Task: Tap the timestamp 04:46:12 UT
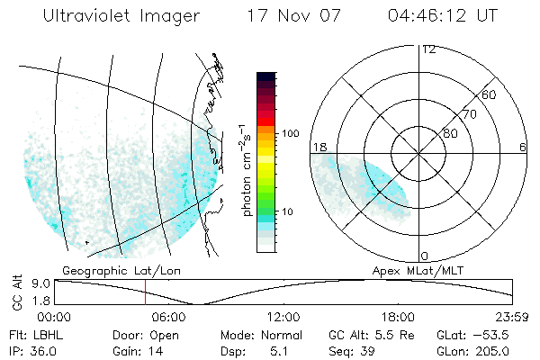[444, 16]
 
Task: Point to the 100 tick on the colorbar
[290, 133]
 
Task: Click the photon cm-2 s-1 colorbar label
[245, 170]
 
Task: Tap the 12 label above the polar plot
[428, 49]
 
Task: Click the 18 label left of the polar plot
[319, 147]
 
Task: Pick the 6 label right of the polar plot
[523, 147]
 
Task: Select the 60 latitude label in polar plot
[489, 94]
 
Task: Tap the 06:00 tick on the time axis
[168, 317]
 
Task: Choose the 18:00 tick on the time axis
[399, 317]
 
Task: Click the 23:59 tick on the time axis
[512, 317]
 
